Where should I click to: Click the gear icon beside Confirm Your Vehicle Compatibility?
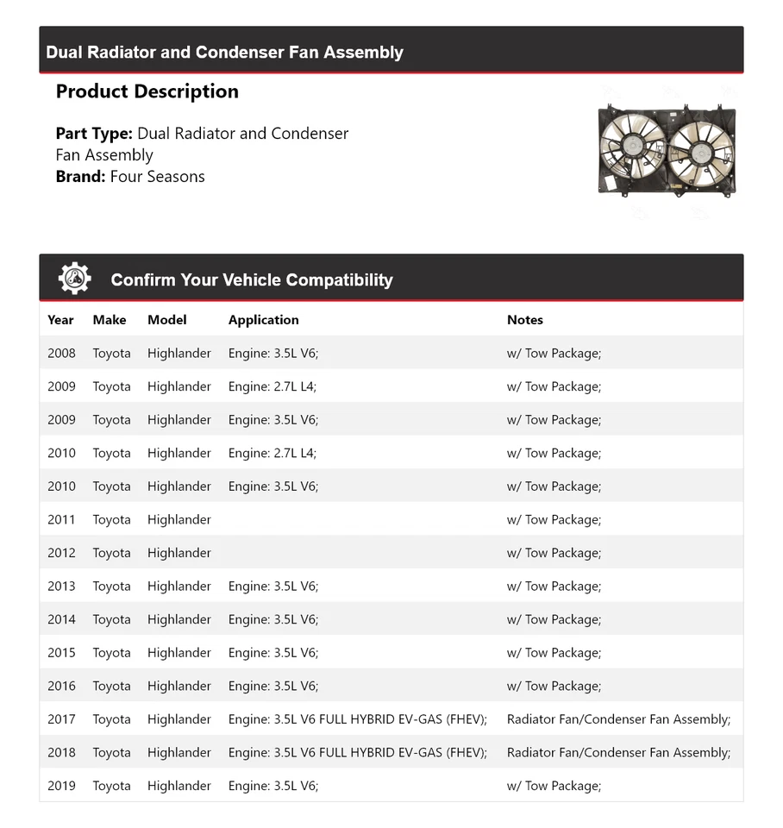[x=75, y=279]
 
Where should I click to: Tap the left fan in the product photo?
[x=632, y=147]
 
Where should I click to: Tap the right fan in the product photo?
[x=699, y=148]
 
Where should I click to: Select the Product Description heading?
[x=147, y=91]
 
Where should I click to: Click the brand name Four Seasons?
[x=158, y=177]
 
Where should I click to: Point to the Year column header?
[x=60, y=320]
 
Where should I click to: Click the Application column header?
[x=263, y=320]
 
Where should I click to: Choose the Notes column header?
[x=524, y=320]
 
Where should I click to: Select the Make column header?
[x=110, y=320]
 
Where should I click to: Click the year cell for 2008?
[x=61, y=354]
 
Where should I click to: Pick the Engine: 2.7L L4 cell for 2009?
[x=272, y=386]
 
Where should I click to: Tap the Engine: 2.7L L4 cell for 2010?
[x=272, y=453]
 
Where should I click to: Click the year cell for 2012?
[x=61, y=553]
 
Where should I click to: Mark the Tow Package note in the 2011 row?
[x=554, y=520]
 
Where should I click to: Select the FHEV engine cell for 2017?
[x=357, y=719]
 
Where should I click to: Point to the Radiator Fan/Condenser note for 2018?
[x=618, y=753]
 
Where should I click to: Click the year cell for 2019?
[x=61, y=786]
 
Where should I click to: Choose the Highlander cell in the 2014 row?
[x=179, y=619]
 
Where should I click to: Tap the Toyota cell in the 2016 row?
[x=111, y=687]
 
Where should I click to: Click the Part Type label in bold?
[x=94, y=134]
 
